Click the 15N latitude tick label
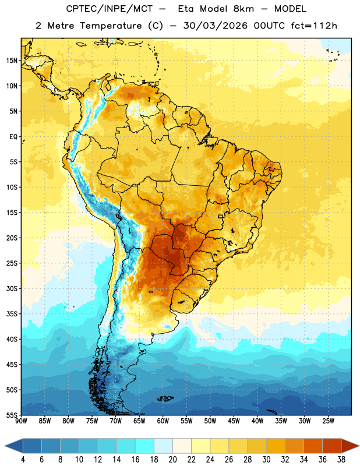(x=12, y=61)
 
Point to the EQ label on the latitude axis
(x=13, y=137)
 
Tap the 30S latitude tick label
(x=12, y=288)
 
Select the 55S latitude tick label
(x=12, y=415)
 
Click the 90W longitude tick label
(x=21, y=421)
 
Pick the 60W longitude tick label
(x=163, y=421)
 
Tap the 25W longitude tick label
(x=328, y=421)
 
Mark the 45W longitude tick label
(x=234, y=421)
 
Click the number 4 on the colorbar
(x=23, y=460)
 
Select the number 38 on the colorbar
(x=341, y=460)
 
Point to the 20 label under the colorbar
(x=172, y=460)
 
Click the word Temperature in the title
(x=111, y=26)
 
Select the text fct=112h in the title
(x=314, y=26)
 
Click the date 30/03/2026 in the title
(x=215, y=26)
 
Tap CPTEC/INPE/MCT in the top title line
(x=110, y=9)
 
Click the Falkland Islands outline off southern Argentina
(x=165, y=398)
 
